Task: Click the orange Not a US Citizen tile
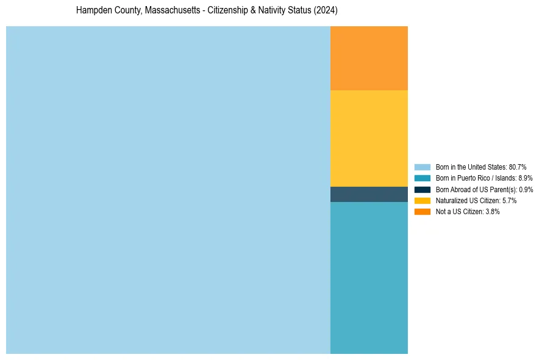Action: (x=369, y=58)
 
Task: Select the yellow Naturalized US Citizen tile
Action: (x=369, y=138)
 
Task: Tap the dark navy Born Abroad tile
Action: (x=369, y=194)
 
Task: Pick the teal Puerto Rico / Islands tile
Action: (x=369, y=278)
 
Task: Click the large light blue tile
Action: (x=168, y=190)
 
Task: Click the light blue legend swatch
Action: (x=422, y=167)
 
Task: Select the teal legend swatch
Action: (x=422, y=178)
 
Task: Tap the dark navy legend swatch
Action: (x=422, y=189)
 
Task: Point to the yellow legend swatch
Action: (x=422, y=200)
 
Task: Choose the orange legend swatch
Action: (x=422, y=211)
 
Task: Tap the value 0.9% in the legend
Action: (x=526, y=189)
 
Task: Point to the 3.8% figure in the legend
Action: (x=493, y=211)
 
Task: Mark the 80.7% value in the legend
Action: (x=518, y=167)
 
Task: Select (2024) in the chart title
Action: (x=325, y=10)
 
